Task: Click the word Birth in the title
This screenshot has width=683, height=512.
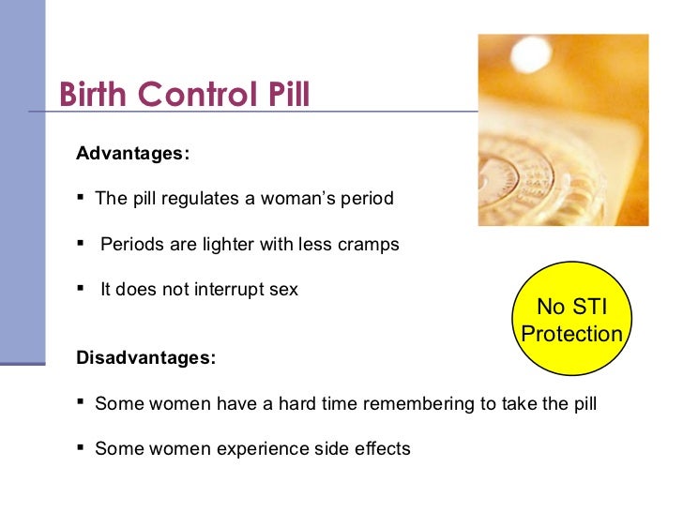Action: click(x=92, y=94)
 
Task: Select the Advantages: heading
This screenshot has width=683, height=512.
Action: click(x=132, y=153)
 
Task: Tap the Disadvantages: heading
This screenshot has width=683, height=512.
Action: click(x=145, y=358)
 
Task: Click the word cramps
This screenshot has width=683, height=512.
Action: click(x=368, y=245)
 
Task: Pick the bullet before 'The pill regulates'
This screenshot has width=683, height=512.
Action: click(x=83, y=198)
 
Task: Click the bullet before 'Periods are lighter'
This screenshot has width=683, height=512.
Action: click(x=83, y=244)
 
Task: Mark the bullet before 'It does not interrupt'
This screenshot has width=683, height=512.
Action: click(x=83, y=289)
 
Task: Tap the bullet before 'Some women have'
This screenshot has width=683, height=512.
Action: click(x=83, y=403)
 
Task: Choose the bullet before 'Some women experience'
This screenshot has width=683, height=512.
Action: click(x=83, y=448)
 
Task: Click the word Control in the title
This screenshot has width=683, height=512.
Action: click(x=190, y=94)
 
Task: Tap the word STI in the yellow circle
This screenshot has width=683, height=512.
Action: click(x=589, y=307)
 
